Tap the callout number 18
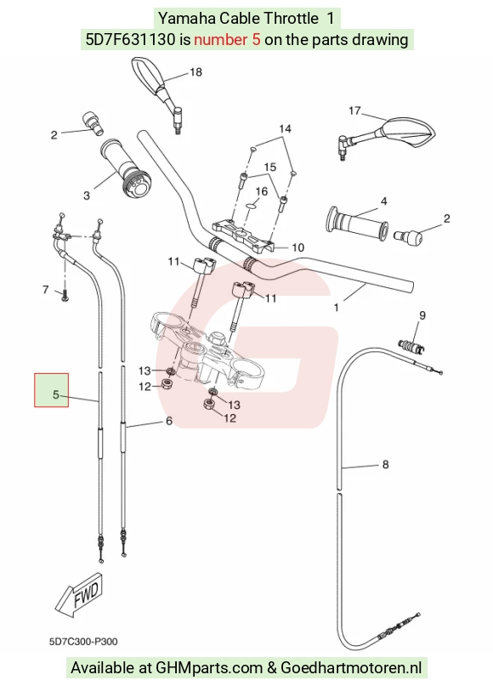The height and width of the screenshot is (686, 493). [195, 71]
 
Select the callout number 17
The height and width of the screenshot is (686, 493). [354, 111]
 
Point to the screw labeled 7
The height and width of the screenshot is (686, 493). [65, 296]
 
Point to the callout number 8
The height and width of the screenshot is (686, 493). [385, 464]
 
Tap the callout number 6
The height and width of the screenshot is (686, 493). [169, 421]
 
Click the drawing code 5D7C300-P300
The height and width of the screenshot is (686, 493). [83, 642]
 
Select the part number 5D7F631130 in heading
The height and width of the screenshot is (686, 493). [130, 40]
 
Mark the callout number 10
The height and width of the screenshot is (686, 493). [297, 247]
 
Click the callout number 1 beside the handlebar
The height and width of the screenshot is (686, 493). [336, 308]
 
